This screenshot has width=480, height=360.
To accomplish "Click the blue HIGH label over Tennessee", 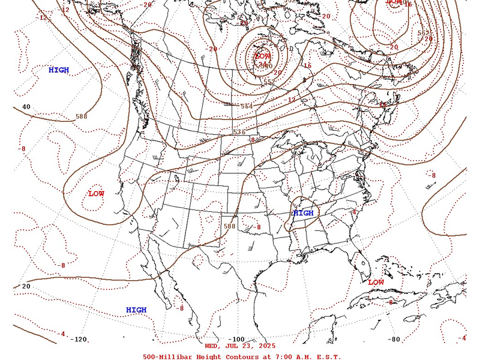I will (303, 213).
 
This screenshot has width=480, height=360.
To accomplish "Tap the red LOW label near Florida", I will (376, 282).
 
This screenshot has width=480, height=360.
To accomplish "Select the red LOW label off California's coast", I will (96, 194).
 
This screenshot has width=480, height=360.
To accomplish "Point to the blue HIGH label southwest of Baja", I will (136, 310).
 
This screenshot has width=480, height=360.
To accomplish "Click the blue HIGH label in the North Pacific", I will (59, 70).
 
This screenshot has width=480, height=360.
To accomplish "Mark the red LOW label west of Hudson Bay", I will (263, 55).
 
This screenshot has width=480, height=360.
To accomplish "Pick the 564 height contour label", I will (246, 106).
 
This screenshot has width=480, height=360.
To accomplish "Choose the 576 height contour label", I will (239, 132).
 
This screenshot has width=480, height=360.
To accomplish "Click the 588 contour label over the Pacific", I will (82, 116).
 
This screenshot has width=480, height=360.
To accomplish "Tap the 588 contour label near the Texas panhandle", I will (229, 226).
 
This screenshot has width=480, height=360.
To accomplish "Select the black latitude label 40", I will (26, 107).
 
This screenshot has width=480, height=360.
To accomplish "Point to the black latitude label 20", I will (26, 286).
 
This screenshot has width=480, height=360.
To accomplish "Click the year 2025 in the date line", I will (265, 346).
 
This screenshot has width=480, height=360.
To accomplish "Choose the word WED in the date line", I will (212, 346).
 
